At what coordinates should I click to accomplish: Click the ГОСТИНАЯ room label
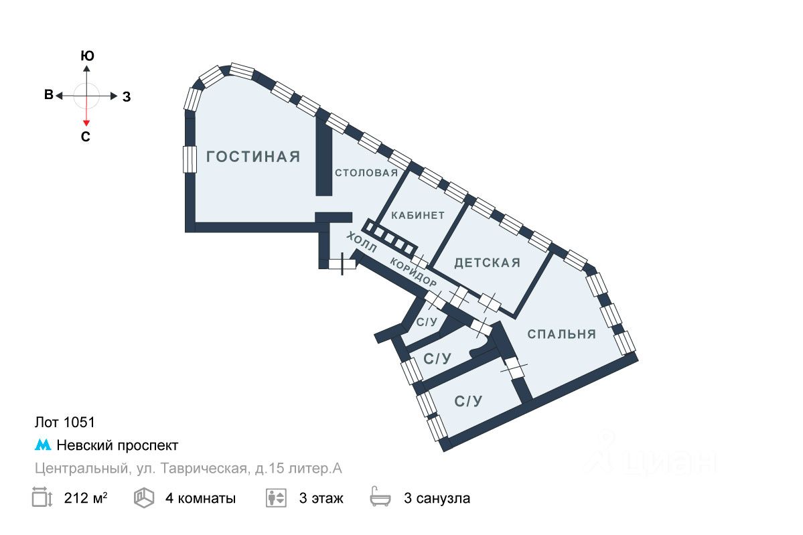253,157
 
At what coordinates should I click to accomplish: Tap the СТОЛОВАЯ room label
366,173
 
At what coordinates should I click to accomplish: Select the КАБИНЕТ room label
418,216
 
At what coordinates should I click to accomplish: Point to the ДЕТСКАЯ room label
487,263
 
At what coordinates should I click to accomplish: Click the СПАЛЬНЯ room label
561,334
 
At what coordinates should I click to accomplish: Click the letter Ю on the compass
86,56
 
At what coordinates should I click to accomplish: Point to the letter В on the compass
48,95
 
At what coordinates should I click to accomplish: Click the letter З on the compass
126,96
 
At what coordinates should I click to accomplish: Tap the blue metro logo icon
42,445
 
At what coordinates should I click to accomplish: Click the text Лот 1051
64,423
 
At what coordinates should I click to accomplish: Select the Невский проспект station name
117,445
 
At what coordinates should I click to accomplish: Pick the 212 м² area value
86,498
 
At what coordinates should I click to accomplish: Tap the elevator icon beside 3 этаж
276,498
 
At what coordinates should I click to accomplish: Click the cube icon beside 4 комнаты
143,498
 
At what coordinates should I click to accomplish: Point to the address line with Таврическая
188,469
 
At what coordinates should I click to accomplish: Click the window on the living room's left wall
189,159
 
